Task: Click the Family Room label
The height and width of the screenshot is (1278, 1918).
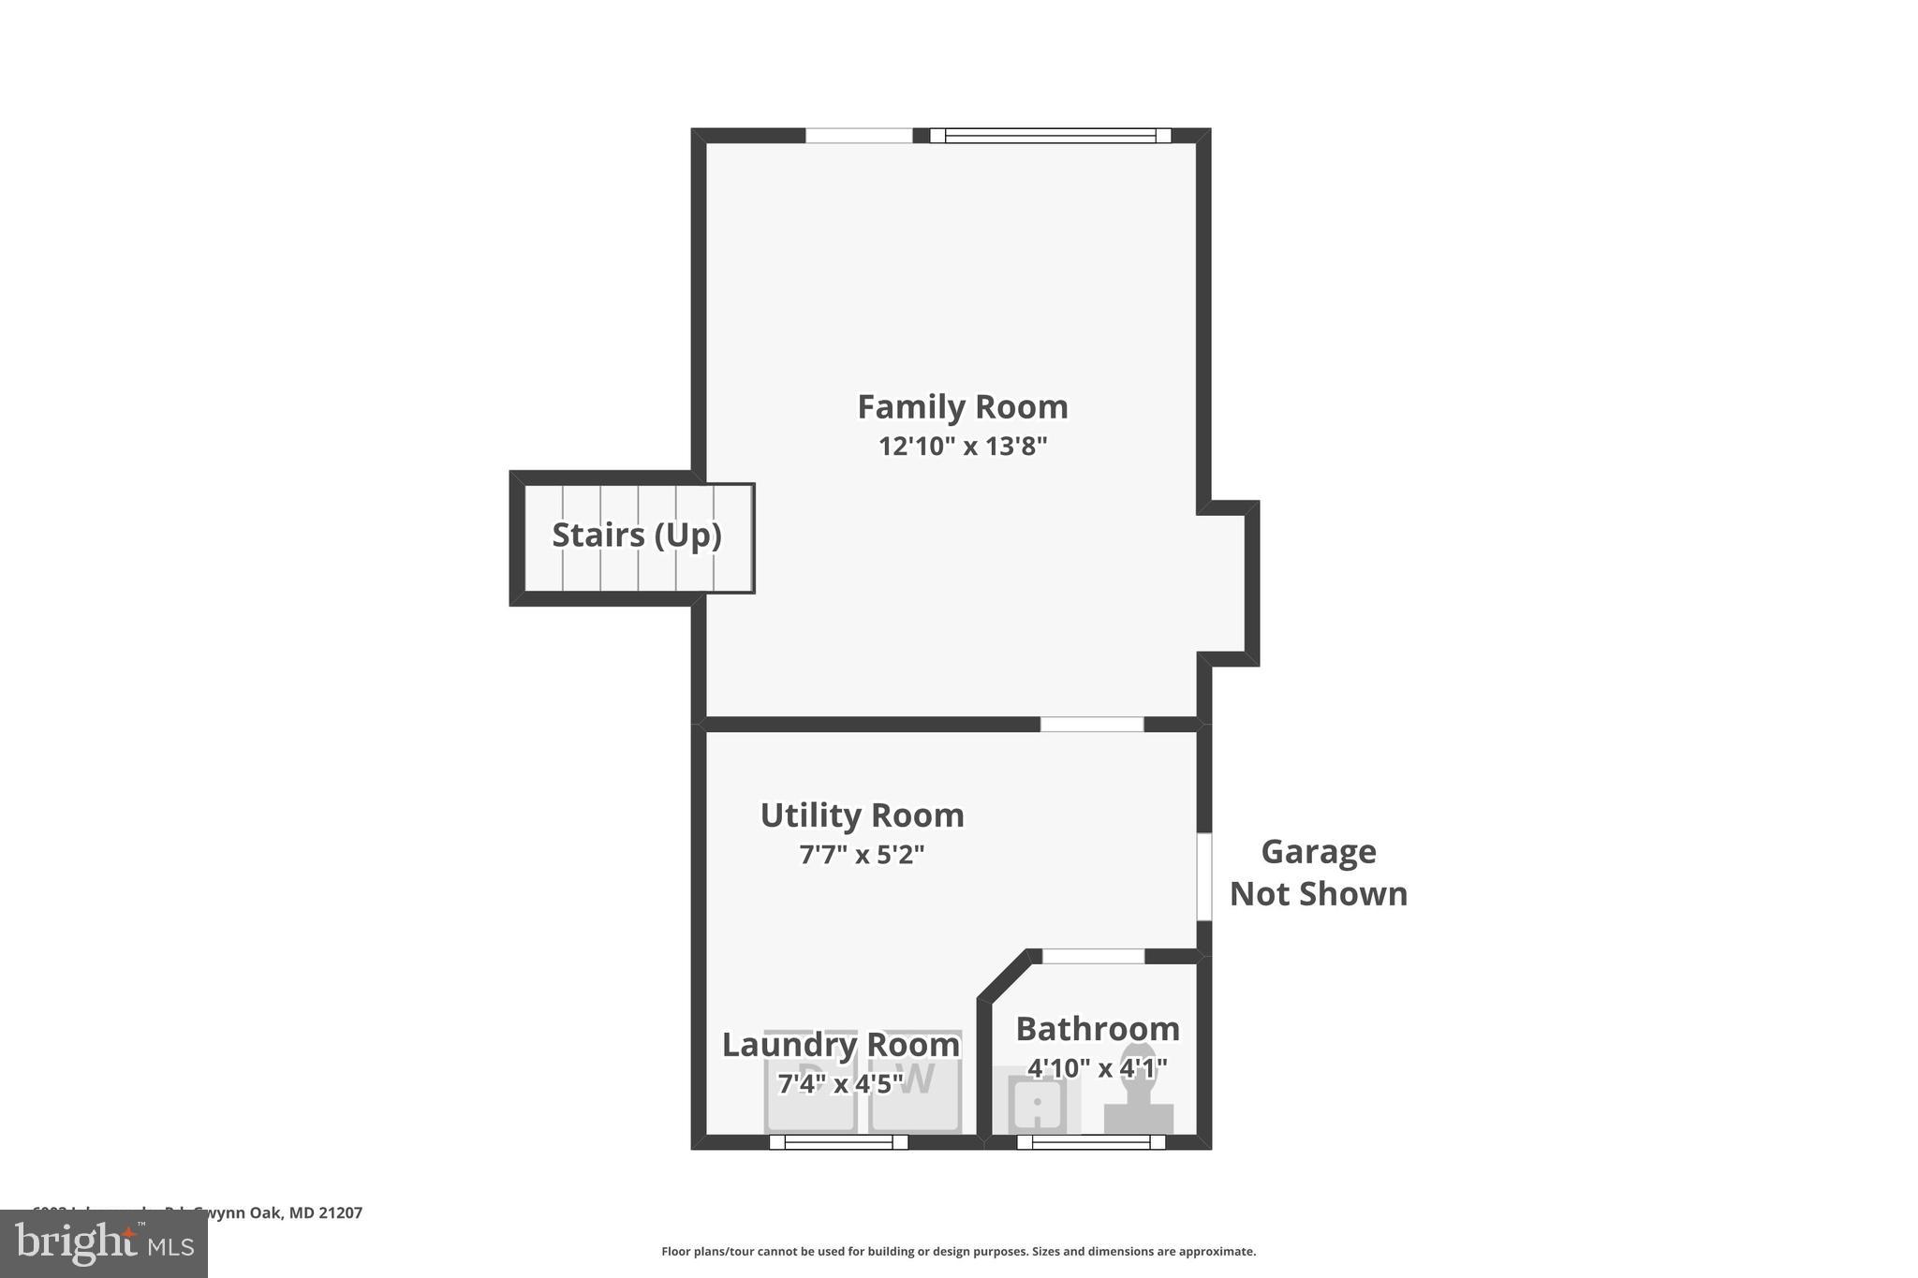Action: tap(962, 407)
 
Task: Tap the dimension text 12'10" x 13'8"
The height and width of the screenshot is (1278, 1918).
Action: tap(962, 447)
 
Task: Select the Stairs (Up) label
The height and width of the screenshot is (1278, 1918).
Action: tap(637, 535)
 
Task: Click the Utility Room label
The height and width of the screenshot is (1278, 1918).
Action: tap(862, 815)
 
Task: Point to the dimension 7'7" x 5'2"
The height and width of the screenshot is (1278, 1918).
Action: tap(862, 855)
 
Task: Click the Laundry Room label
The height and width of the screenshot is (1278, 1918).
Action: tap(840, 1045)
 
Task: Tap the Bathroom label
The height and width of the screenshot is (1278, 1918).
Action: tap(1098, 1029)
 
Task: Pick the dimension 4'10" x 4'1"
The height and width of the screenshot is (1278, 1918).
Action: tap(1098, 1068)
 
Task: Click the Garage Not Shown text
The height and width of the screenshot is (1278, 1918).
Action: tap(1318, 873)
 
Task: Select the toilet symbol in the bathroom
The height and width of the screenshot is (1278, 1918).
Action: tap(1139, 1095)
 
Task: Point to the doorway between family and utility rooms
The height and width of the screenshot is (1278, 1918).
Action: tap(1092, 725)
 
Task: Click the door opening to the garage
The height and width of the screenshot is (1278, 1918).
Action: tap(1204, 877)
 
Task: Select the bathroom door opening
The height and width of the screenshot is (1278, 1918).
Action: tap(1093, 956)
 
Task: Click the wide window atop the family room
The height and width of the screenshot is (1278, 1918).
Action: tap(1050, 136)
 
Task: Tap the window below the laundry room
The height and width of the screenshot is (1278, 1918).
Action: tap(838, 1142)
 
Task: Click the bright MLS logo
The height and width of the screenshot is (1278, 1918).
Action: tap(104, 1243)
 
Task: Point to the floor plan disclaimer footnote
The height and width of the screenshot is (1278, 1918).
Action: tap(958, 1252)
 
